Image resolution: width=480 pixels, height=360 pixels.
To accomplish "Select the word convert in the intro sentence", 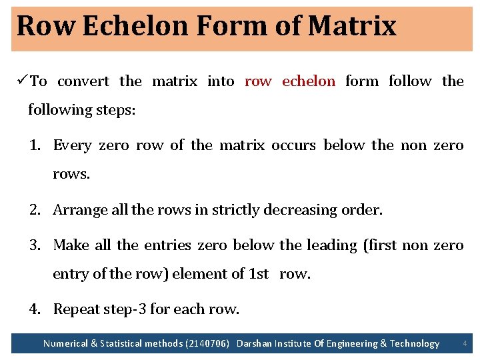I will click(x=83, y=81).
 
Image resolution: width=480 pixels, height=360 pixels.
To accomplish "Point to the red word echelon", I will click(x=308, y=81).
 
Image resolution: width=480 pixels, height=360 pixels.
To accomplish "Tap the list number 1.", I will click(x=35, y=145).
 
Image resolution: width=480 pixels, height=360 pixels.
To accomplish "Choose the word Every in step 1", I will click(x=72, y=145).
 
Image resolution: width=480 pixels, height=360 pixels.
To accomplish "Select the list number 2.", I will click(x=35, y=210).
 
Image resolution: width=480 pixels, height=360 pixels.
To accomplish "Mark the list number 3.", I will click(x=35, y=245).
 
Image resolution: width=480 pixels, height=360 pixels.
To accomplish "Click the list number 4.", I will click(x=35, y=309).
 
